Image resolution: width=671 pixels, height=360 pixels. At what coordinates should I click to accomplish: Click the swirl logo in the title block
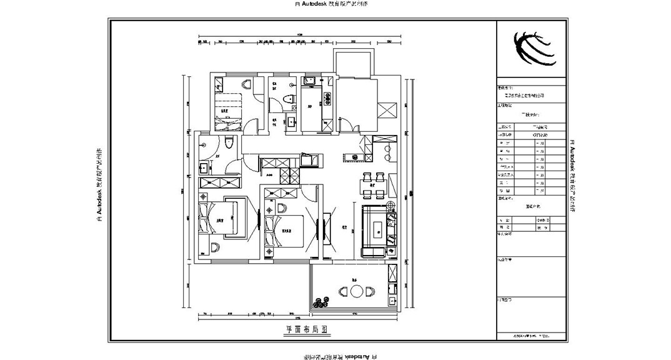[x=533, y=47]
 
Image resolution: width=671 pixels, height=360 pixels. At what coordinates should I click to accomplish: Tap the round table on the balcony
[x=356, y=292]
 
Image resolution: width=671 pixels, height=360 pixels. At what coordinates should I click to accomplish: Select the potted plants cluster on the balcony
[x=322, y=302]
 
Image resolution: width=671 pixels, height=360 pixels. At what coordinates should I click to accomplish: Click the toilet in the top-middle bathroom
[x=288, y=99]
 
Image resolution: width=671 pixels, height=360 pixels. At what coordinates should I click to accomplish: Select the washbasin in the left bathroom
[x=204, y=167]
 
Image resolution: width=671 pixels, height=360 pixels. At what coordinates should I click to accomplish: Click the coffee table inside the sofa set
[x=377, y=229]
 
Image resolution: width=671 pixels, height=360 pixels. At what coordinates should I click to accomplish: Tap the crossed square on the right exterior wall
[x=386, y=109]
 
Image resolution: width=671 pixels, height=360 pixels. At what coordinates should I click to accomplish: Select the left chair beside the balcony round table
[x=342, y=292]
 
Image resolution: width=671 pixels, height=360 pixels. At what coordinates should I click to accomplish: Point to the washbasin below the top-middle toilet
[x=291, y=121]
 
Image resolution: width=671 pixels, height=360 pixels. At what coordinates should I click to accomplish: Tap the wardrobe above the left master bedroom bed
[x=219, y=182]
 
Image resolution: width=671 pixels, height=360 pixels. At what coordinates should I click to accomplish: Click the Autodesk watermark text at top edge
[x=335, y=4]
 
